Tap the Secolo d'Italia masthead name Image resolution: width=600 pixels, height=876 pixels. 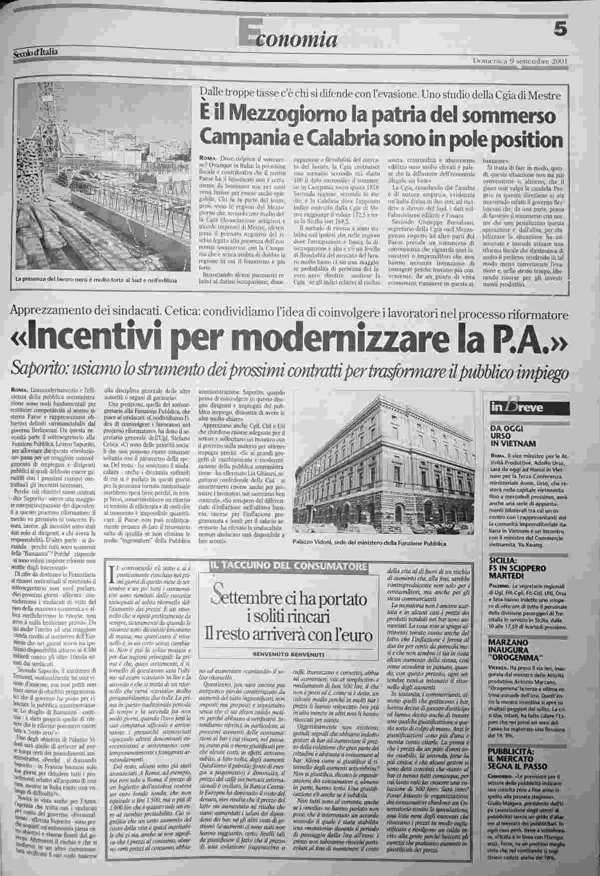point(35,51)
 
